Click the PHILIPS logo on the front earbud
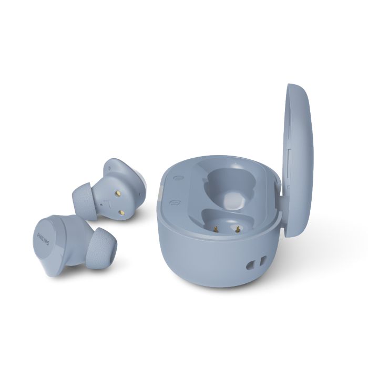[43, 239]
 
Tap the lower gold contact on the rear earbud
[122, 212]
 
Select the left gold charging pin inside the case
[216, 227]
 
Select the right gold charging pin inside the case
[238, 228]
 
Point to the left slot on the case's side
[250, 265]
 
